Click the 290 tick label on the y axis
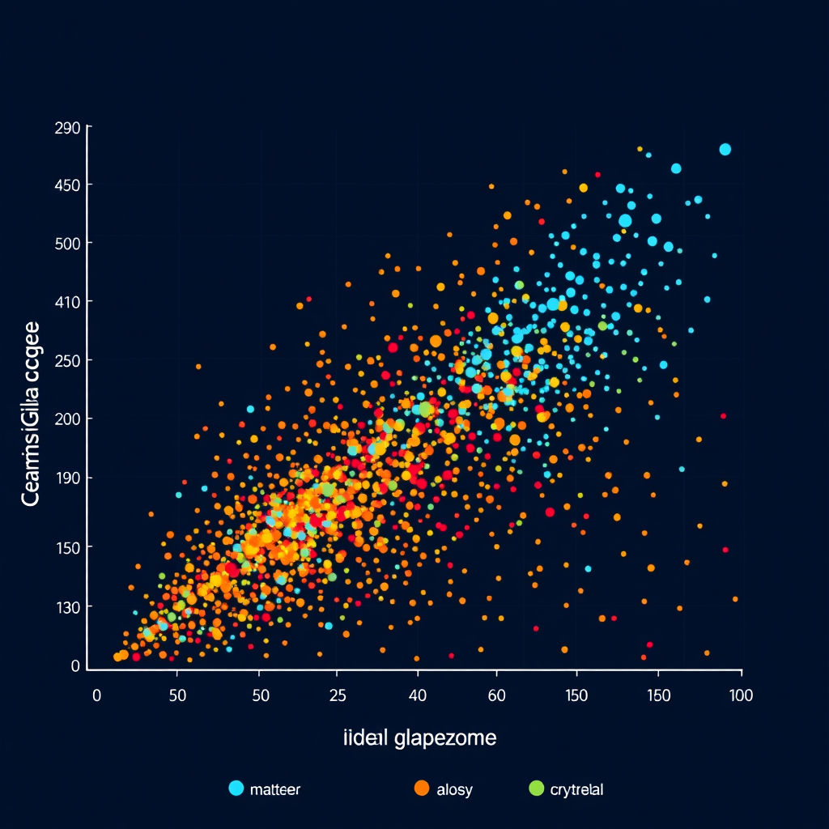point(67,128)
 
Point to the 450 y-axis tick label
point(67,185)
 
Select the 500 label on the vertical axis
point(67,244)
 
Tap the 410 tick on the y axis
point(67,302)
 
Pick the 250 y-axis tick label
point(67,360)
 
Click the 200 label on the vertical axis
point(67,419)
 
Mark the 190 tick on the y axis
point(67,478)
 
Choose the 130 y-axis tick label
point(67,607)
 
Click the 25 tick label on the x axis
point(338,695)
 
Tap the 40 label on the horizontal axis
point(418,695)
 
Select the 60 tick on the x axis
point(496,695)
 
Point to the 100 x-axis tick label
point(740,695)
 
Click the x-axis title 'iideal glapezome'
point(419,738)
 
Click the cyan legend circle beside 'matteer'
point(236,788)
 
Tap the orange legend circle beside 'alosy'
point(421,788)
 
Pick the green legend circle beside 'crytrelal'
point(535,788)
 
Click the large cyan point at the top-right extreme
point(725,149)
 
